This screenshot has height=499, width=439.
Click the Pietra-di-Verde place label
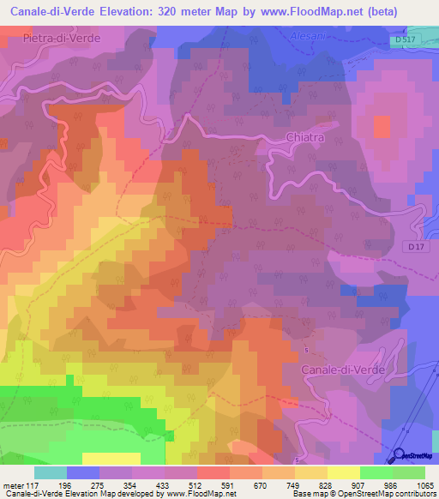[x=62, y=39]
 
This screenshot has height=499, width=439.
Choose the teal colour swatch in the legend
[x=50, y=472]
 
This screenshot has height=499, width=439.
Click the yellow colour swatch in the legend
[x=343, y=472]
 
